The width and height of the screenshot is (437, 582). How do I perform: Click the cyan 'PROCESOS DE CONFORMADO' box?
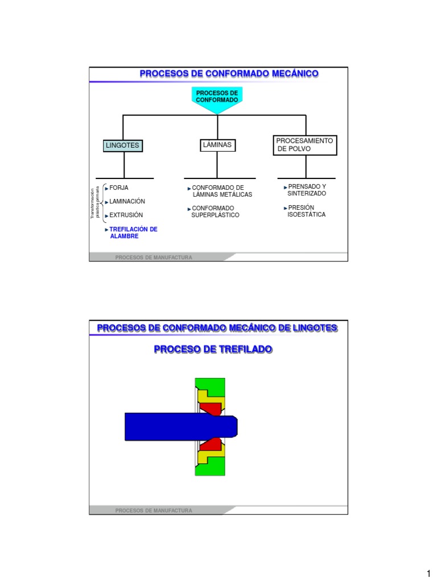pyautogui.click(x=217, y=97)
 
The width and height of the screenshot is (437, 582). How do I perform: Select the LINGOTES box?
pyautogui.click(x=122, y=146)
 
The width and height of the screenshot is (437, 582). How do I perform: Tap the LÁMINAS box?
pyautogui.click(x=217, y=145)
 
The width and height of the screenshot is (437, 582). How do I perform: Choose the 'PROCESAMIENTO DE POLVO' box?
pyautogui.click(x=305, y=145)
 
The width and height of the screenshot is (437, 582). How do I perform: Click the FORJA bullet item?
pyautogui.click(x=118, y=187)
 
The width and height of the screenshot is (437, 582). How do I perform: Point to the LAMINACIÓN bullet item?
pyautogui.click(x=126, y=201)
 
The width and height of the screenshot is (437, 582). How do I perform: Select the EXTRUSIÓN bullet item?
pyautogui.click(x=125, y=215)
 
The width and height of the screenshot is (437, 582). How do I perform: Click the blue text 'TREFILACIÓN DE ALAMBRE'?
pyautogui.click(x=132, y=232)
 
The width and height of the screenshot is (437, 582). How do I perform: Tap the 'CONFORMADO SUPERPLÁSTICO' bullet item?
pyautogui.click(x=215, y=212)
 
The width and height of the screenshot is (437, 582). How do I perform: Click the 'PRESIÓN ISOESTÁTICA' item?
pyautogui.click(x=306, y=211)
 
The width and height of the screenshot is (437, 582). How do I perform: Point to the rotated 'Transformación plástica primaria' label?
pyautogui.click(x=95, y=202)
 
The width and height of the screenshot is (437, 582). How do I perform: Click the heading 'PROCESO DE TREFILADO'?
pyautogui.click(x=213, y=349)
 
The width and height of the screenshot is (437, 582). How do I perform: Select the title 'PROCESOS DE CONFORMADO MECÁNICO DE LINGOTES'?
pyautogui.click(x=217, y=328)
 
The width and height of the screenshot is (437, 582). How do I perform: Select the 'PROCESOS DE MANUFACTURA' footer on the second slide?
pyautogui.click(x=154, y=510)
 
